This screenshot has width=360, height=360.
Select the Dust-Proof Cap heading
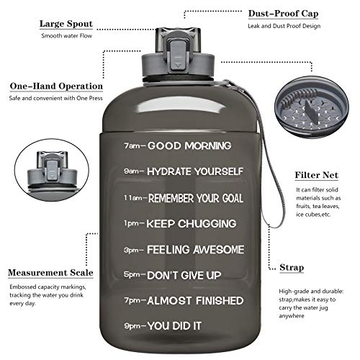point(284,13)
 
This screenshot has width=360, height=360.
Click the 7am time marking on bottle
point(134,145)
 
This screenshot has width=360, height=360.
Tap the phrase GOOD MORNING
point(190,145)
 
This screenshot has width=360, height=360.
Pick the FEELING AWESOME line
point(194,250)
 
